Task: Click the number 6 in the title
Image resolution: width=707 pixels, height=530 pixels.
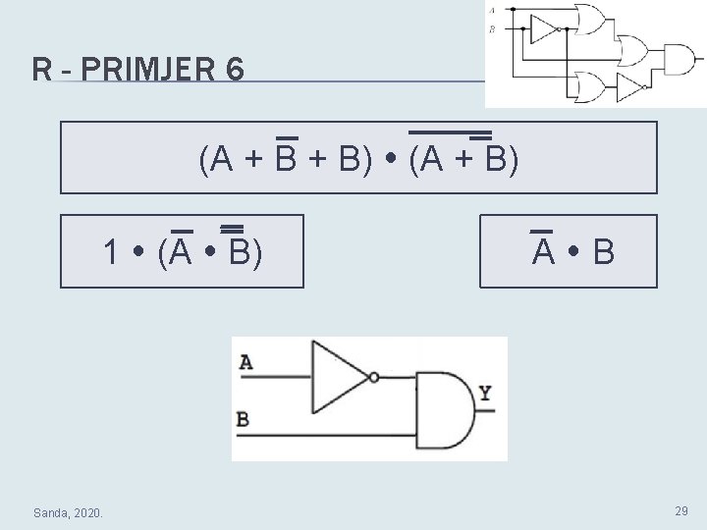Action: click(234, 71)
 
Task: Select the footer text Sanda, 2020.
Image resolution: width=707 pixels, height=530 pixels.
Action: click(74, 512)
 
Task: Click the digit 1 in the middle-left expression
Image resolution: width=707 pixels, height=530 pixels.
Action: click(113, 252)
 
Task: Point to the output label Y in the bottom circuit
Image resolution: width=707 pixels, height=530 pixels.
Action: click(485, 395)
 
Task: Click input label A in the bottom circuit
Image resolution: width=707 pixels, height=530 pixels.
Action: click(245, 362)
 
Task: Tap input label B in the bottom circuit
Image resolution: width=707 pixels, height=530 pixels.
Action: click(243, 420)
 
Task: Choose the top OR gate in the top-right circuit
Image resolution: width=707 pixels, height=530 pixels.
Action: click(589, 18)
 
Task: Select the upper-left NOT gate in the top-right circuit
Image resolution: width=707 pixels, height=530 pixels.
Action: click(543, 29)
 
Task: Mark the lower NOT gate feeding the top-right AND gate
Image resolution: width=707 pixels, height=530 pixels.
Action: click(628, 87)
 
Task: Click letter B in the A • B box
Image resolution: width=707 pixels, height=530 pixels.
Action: click(604, 253)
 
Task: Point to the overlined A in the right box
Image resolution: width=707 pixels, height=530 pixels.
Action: click(542, 252)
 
